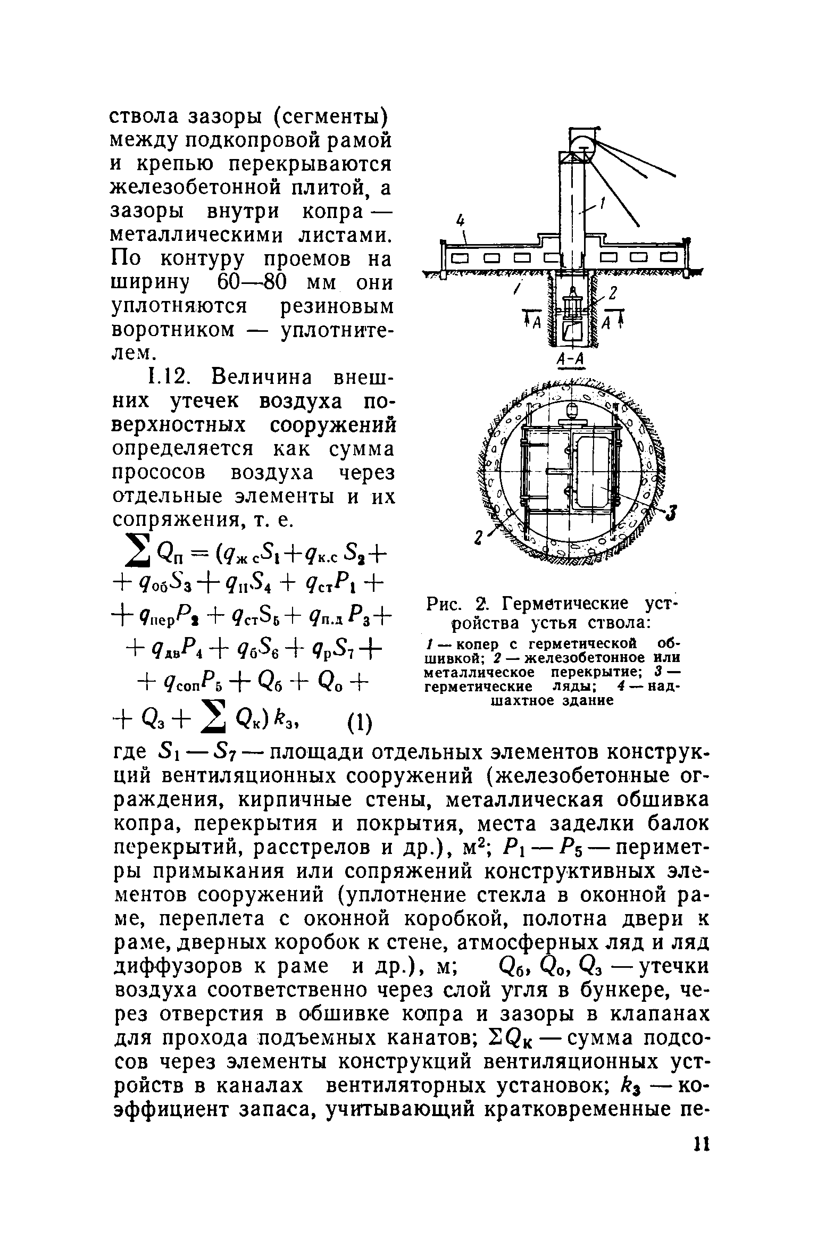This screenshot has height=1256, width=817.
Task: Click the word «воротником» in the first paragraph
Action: point(174,330)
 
